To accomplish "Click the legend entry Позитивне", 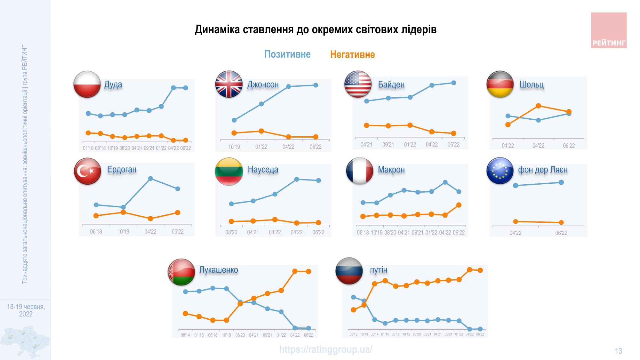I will coord(287,54).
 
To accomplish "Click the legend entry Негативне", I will coord(352,55).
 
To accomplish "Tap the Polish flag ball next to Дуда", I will coord(87,84).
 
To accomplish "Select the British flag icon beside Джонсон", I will coord(229,84).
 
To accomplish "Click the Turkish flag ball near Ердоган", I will coord(87,171).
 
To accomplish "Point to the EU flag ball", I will coord(500,171).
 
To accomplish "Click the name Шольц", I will coord(532,84).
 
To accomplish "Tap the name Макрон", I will coord(391,169).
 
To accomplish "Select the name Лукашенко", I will coord(219,270).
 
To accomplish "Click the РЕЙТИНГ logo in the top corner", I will coord(609,30).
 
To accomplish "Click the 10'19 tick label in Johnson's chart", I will coord(234,147).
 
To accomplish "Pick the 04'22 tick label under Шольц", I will coord(538,146).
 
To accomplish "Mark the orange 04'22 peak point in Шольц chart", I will coord(538,106).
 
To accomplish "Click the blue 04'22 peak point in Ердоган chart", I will coord(150,179).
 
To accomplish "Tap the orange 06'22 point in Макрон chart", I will coord(459,205).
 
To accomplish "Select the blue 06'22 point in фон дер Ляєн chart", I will coord(561,182).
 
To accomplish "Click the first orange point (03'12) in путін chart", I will coord(353,310).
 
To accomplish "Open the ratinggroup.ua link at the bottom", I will coord(325,349).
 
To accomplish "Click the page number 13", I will coord(618,351).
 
